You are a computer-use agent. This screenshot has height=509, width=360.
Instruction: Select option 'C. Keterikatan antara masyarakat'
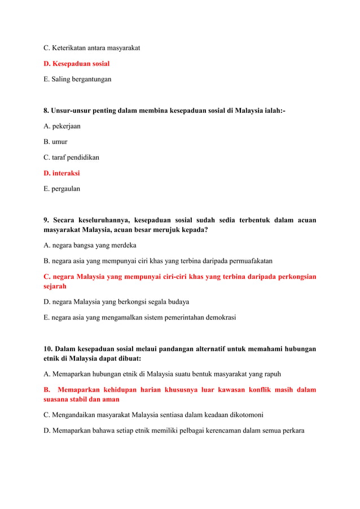[x=92, y=48]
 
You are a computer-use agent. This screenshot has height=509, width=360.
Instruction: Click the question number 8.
[x=47, y=111]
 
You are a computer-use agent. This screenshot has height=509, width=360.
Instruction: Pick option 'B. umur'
[x=55, y=142]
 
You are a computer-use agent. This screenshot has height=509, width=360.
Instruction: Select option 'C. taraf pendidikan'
[x=71, y=157]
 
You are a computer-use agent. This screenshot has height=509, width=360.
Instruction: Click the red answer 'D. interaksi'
[x=62, y=173]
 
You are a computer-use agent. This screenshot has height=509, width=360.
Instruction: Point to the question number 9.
[x=47, y=220]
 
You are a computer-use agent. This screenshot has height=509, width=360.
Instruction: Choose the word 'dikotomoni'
[x=245, y=415]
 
